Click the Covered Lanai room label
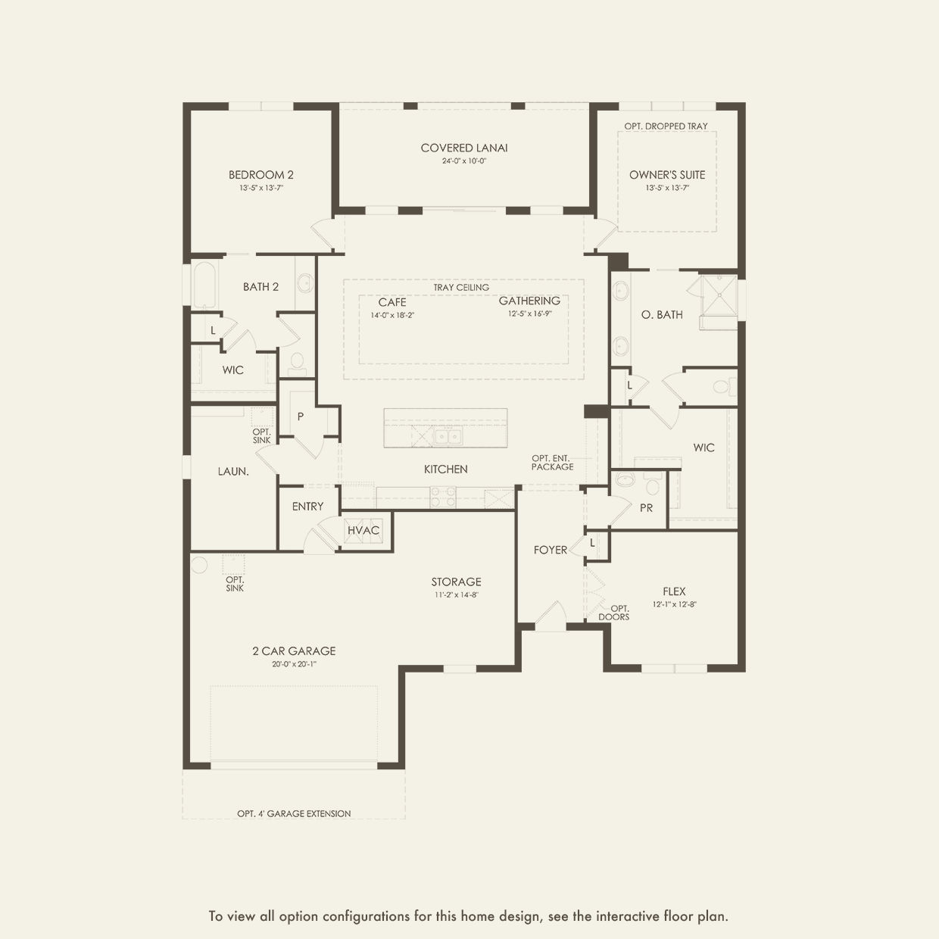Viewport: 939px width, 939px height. pos(464,148)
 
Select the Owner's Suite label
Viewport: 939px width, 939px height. pos(666,175)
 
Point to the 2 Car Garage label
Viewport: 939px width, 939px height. pos(294,651)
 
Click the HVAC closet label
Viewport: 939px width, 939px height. pos(363,530)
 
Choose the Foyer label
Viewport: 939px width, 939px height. pos(550,550)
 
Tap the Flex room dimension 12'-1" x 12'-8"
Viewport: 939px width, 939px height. pos(674,605)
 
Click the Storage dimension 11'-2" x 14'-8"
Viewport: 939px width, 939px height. pos(456,595)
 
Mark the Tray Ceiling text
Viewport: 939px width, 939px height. pos(461,288)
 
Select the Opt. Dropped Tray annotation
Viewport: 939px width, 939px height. pos(666,126)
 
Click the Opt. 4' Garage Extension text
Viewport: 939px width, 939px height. pos(294,814)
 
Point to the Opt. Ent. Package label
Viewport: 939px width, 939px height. pos(552,463)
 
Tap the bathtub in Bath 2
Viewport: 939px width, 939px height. pos(204,285)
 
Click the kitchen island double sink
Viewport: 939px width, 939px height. pos(446,436)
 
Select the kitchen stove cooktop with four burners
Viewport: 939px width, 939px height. pos(443,497)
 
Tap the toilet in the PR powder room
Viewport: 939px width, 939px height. pos(625,479)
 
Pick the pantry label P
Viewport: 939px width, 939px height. pos(301,417)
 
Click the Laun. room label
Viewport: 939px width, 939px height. pos(233,472)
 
